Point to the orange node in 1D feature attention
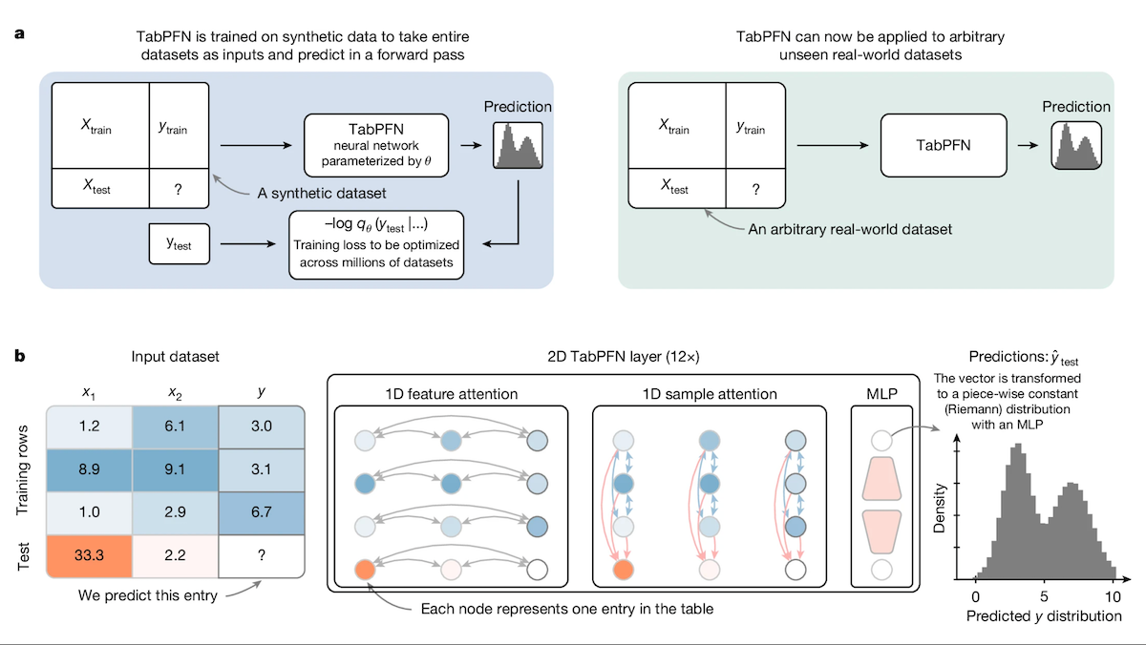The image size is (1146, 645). coord(365,571)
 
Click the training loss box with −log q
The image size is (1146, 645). coord(377,244)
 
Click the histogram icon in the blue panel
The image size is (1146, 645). coord(517,146)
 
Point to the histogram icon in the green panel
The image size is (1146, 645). coord(1076,145)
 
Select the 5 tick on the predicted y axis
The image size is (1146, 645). coord(1044,593)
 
